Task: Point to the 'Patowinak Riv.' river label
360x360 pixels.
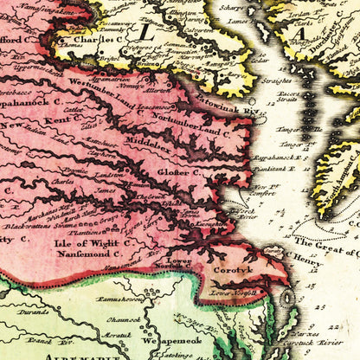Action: tap(235, 111)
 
